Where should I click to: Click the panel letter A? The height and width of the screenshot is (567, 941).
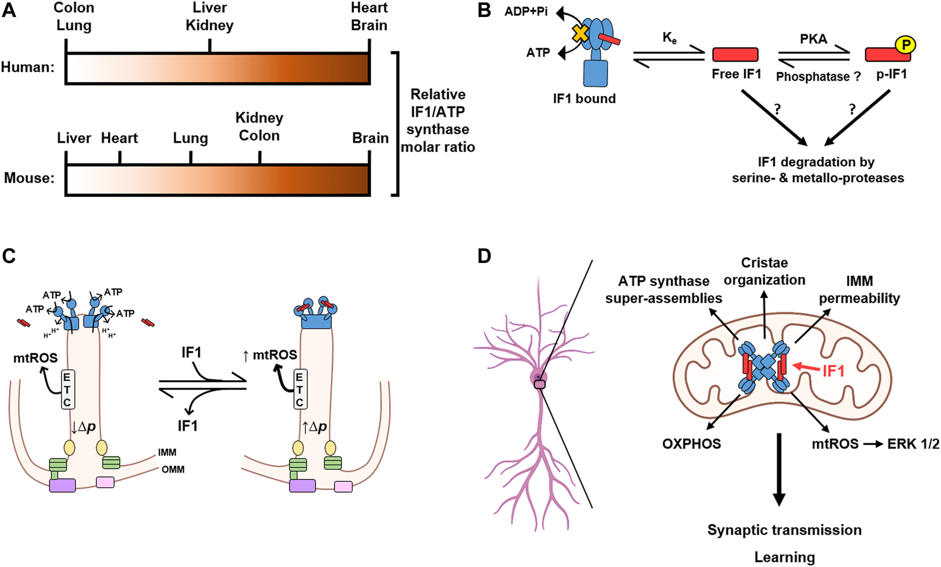9,10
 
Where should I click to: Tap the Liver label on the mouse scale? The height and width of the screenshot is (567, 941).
74,138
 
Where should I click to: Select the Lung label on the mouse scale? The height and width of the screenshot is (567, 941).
190,138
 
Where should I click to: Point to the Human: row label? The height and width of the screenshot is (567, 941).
28,67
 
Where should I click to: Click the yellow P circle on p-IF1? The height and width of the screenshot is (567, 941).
904,45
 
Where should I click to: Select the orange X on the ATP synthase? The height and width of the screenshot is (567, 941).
580,34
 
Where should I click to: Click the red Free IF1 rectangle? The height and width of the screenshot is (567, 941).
735,54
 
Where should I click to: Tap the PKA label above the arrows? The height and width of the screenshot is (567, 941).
813,39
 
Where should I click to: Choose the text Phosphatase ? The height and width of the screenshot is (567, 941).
818,77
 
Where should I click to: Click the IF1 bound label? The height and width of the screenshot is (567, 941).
584,99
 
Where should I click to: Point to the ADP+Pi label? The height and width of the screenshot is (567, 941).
526,11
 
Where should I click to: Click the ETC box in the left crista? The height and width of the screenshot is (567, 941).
67,390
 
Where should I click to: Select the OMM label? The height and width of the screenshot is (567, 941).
173,470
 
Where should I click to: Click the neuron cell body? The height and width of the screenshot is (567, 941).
538,379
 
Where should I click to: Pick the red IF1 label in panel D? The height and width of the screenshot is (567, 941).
833,370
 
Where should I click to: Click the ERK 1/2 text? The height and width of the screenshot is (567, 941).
913,443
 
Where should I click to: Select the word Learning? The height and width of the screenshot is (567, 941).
784,557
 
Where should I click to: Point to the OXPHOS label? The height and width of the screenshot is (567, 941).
691,443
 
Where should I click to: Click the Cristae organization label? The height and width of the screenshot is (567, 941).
764,271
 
